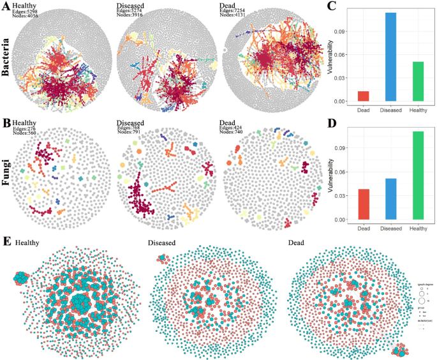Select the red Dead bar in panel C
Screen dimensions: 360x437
(x=363, y=96)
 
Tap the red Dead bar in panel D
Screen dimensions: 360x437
(x=363, y=204)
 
